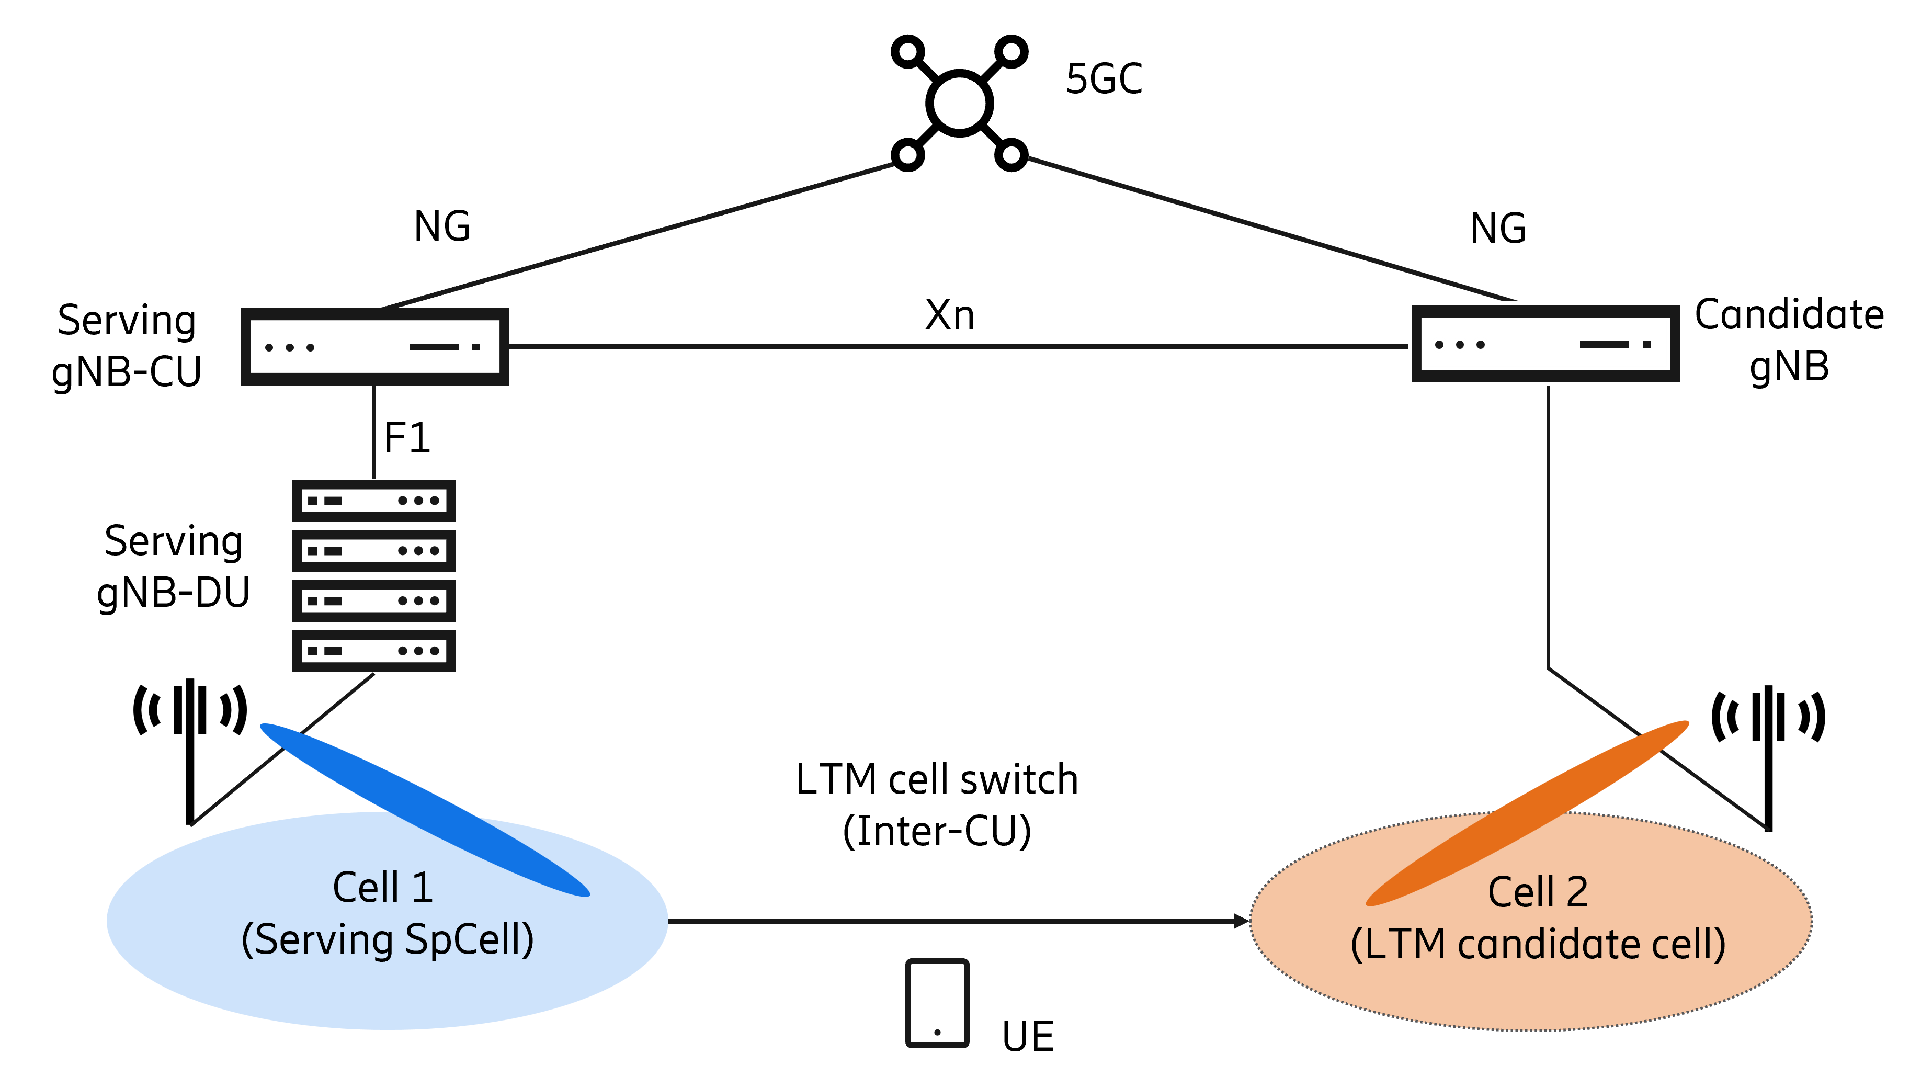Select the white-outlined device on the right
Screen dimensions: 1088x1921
click(x=1545, y=344)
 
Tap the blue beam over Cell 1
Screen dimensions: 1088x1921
click(x=424, y=809)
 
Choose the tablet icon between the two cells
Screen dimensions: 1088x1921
click(x=937, y=1003)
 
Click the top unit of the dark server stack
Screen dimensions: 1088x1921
click(x=373, y=501)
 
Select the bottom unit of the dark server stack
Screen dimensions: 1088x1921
click(x=373, y=651)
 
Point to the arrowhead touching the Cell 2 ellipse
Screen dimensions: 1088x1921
click(x=1241, y=921)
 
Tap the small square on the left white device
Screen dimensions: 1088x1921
click(x=476, y=347)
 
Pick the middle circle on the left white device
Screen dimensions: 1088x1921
click(x=290, y=347)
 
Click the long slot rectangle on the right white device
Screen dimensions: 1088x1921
click(x=1604, y=344)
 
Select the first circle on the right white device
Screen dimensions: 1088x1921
click(x=1439, y=345)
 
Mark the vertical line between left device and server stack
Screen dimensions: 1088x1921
click(x=373, y=434)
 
